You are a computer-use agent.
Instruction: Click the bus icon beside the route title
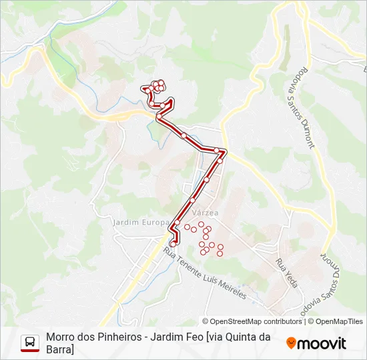click(x=30, y=343)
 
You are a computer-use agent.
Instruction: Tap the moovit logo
click(x=316, y=343)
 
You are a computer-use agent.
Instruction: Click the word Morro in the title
click(x=61, y=337)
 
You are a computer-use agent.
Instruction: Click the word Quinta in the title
click(x=244, y=337)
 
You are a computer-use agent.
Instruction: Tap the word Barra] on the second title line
click(x=60, y=349)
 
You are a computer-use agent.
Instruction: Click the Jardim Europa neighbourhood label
click(x=141, y=222)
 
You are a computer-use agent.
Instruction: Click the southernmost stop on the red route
click(x=173, y=244)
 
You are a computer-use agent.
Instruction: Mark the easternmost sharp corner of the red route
click(x=226, y=151)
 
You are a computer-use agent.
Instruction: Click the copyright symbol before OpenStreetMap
click(x=206, y=321)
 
